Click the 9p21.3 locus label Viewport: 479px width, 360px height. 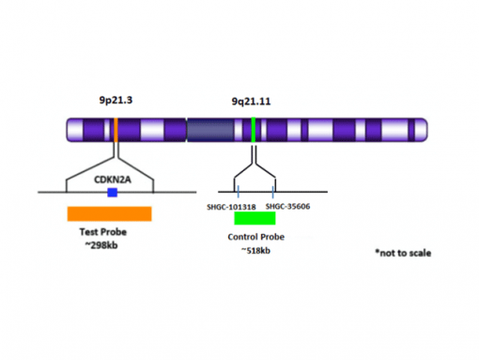115,100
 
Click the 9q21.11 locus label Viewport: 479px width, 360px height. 252,101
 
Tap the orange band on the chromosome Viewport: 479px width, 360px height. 116,130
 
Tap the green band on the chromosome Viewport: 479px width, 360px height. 254,130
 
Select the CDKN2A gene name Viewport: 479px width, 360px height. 112,176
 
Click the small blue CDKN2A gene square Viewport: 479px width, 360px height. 112,192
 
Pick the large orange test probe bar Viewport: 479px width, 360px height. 109,213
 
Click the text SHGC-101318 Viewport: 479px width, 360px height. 231,206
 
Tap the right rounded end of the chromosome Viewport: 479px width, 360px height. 422,130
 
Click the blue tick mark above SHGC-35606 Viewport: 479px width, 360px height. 272,193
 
